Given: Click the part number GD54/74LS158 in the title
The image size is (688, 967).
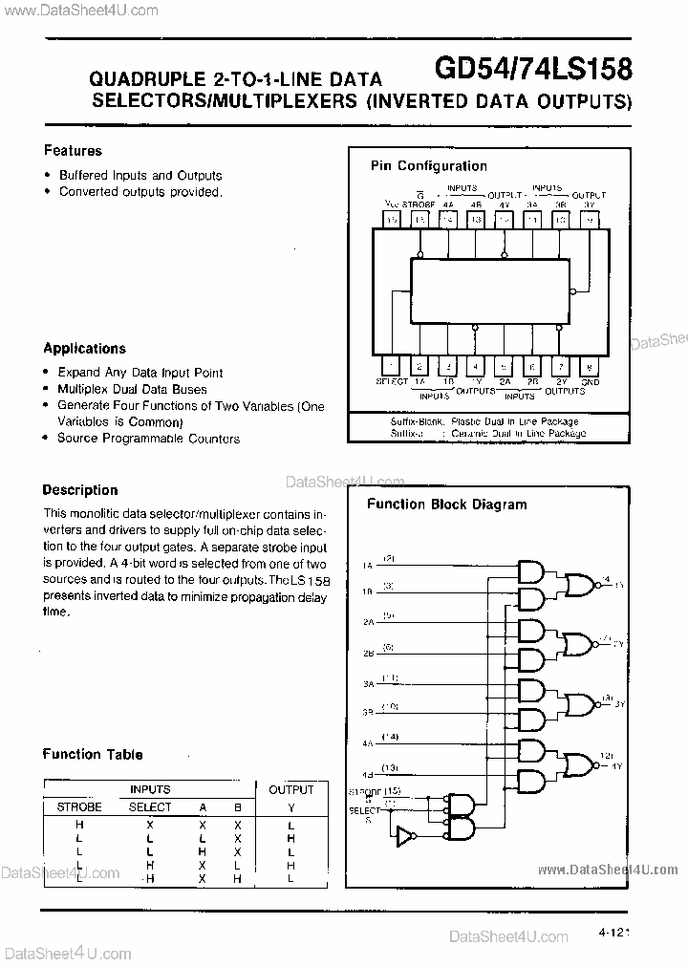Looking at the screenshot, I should (531, 68).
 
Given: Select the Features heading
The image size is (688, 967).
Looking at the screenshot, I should (73, 151).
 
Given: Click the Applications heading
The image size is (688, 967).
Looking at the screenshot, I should (84, 349).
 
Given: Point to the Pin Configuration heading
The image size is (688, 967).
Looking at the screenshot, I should (428, 166).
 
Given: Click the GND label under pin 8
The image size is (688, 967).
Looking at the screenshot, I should (591, 381).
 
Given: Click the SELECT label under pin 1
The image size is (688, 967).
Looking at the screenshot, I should (391, 381).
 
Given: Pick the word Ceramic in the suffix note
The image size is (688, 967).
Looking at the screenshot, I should (470, 433).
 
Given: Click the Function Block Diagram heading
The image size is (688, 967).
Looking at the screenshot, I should (446, 505).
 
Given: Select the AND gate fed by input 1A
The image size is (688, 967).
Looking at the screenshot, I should (528, 570).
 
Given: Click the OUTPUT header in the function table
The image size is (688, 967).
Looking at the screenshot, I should (290, 789).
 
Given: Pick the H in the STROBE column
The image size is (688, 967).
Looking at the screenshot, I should (78, 824).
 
